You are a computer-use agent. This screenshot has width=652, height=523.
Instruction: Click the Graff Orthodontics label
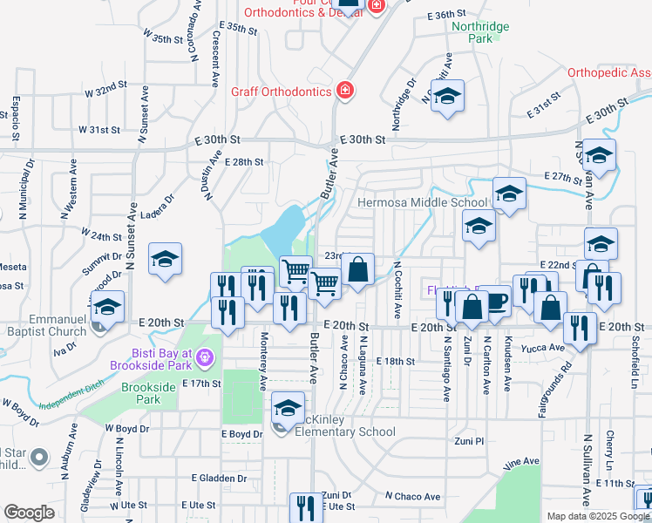281,91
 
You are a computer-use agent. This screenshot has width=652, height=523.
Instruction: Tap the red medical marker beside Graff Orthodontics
345,91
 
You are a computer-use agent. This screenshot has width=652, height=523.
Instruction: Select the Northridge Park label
480,32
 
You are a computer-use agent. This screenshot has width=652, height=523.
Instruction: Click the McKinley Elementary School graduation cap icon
289,406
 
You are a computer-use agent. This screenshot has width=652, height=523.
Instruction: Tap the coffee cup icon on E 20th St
495,301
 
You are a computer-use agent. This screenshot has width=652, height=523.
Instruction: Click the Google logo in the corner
29,513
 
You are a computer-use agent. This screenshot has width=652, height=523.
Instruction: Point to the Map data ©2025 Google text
597,516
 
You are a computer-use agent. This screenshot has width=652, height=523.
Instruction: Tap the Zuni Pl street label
468,442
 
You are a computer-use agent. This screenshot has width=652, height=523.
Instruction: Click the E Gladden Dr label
219,479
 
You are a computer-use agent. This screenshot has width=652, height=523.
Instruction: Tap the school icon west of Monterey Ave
165,259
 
